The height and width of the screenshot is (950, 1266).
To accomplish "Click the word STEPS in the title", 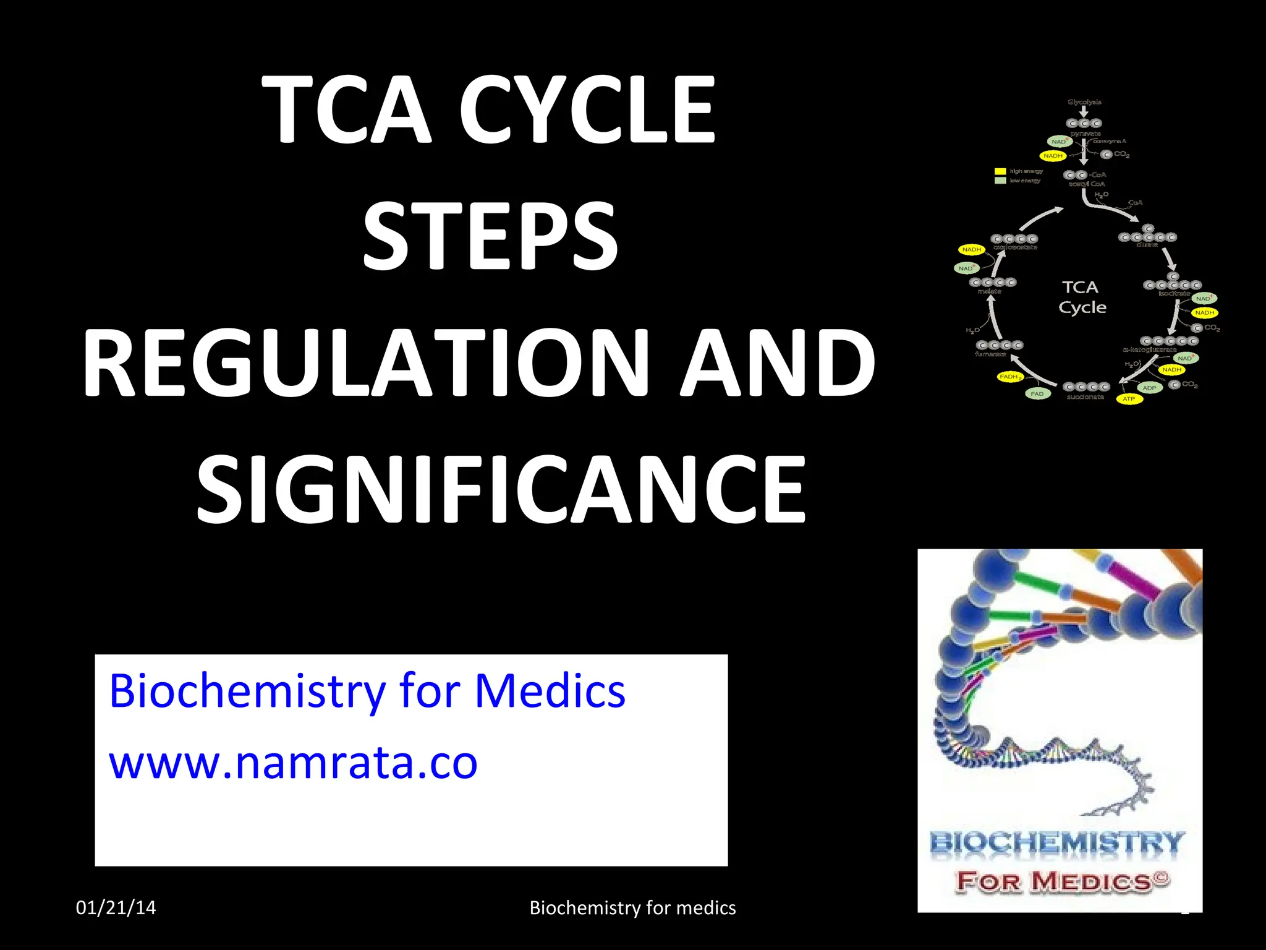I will (490, 237).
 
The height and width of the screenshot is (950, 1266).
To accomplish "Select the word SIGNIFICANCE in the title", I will (501, 489).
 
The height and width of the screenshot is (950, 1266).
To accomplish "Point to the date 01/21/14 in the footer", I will (116, 907).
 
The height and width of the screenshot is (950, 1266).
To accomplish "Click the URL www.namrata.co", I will (294, 763).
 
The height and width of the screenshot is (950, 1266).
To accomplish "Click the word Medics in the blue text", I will (550, 691).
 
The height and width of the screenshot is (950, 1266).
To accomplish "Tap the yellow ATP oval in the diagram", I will (1129, 399).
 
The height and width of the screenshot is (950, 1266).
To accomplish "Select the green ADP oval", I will (1149, 388).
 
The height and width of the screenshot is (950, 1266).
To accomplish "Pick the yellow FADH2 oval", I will (1010, 377).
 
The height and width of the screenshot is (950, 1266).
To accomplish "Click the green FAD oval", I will (1037, 393).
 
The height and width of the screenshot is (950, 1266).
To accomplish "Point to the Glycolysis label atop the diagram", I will (1084, 102).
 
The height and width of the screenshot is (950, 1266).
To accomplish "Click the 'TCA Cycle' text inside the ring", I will (1082, 297).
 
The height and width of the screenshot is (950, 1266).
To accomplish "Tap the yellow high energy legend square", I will (1000, 171).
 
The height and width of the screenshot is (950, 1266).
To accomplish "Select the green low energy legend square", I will (1000, 181).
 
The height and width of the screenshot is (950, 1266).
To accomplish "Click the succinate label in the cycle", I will (1085, 397).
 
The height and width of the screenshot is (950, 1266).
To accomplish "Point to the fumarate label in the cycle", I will (990, 354).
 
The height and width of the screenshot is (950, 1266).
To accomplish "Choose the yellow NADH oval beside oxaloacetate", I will (971, 249).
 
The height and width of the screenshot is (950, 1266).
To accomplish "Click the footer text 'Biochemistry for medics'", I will (632, 907).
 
